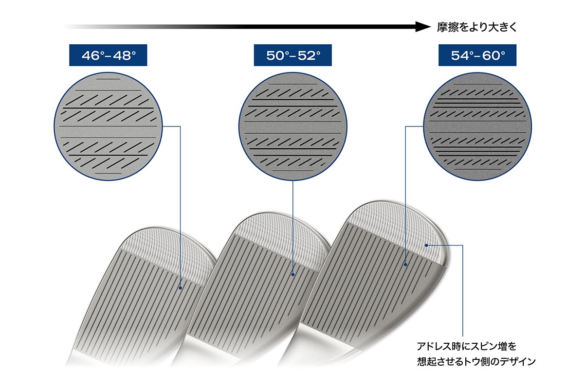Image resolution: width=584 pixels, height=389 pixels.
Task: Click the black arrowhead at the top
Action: point(423,27)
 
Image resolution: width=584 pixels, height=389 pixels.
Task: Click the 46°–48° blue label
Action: point(108,55)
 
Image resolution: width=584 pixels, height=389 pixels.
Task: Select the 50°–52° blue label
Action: point(293,55)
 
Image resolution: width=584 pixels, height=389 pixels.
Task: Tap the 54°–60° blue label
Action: point(477,55)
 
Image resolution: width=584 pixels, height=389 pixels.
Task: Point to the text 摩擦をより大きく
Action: point(477,27)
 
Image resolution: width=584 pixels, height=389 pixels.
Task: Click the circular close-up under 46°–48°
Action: point(108,126)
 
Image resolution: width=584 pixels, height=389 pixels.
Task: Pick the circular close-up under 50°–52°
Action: point(293,126)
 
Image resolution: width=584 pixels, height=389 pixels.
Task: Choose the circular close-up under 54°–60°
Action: point(477,126)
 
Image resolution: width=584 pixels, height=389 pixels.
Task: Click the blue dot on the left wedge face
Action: point(180,288)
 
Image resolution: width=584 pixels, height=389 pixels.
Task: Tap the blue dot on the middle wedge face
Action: point(293,274)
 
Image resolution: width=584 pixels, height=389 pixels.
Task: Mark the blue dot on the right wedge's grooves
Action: point(405,265)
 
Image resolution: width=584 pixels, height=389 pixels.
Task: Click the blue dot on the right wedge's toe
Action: point(426,245)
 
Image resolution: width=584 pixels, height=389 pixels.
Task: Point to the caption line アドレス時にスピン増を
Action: point(467,346)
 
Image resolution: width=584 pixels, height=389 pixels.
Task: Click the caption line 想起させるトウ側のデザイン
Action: point(476,361)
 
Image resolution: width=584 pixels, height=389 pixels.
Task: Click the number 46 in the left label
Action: point(90,55)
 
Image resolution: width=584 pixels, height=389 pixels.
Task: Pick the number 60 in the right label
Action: point(490,55)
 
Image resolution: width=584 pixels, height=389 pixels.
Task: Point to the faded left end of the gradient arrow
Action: point(68,27)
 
